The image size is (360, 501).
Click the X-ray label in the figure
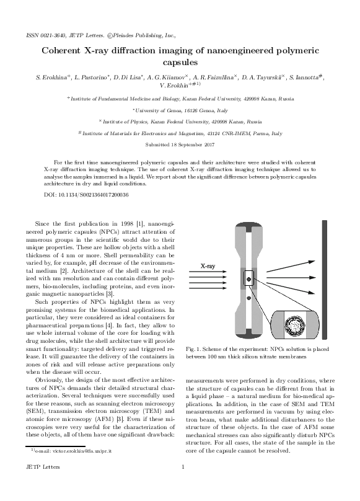(210, 266)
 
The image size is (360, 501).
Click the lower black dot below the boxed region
(248, 299)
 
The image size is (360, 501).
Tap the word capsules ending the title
(180, 63)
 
